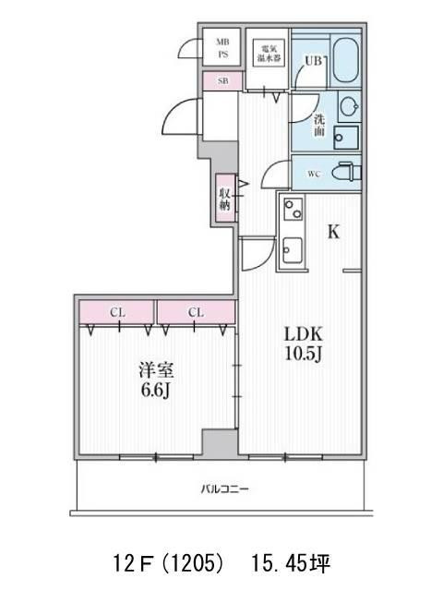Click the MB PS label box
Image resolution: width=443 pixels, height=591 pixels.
pos(222,48)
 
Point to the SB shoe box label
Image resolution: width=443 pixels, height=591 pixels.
pos(222,81)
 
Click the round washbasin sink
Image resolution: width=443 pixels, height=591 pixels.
pos(348,107)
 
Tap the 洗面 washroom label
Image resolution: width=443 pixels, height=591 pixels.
pos(317,126)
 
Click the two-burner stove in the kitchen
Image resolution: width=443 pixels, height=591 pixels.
pos(293,212)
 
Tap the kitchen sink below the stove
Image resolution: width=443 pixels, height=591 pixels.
pos(293,249)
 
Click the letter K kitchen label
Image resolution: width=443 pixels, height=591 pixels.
pos(333,233)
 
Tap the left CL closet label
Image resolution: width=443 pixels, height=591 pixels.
pos(117,312)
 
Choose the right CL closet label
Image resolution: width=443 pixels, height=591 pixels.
pos(196,312)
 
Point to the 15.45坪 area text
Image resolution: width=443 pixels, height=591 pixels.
pos(288,561)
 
